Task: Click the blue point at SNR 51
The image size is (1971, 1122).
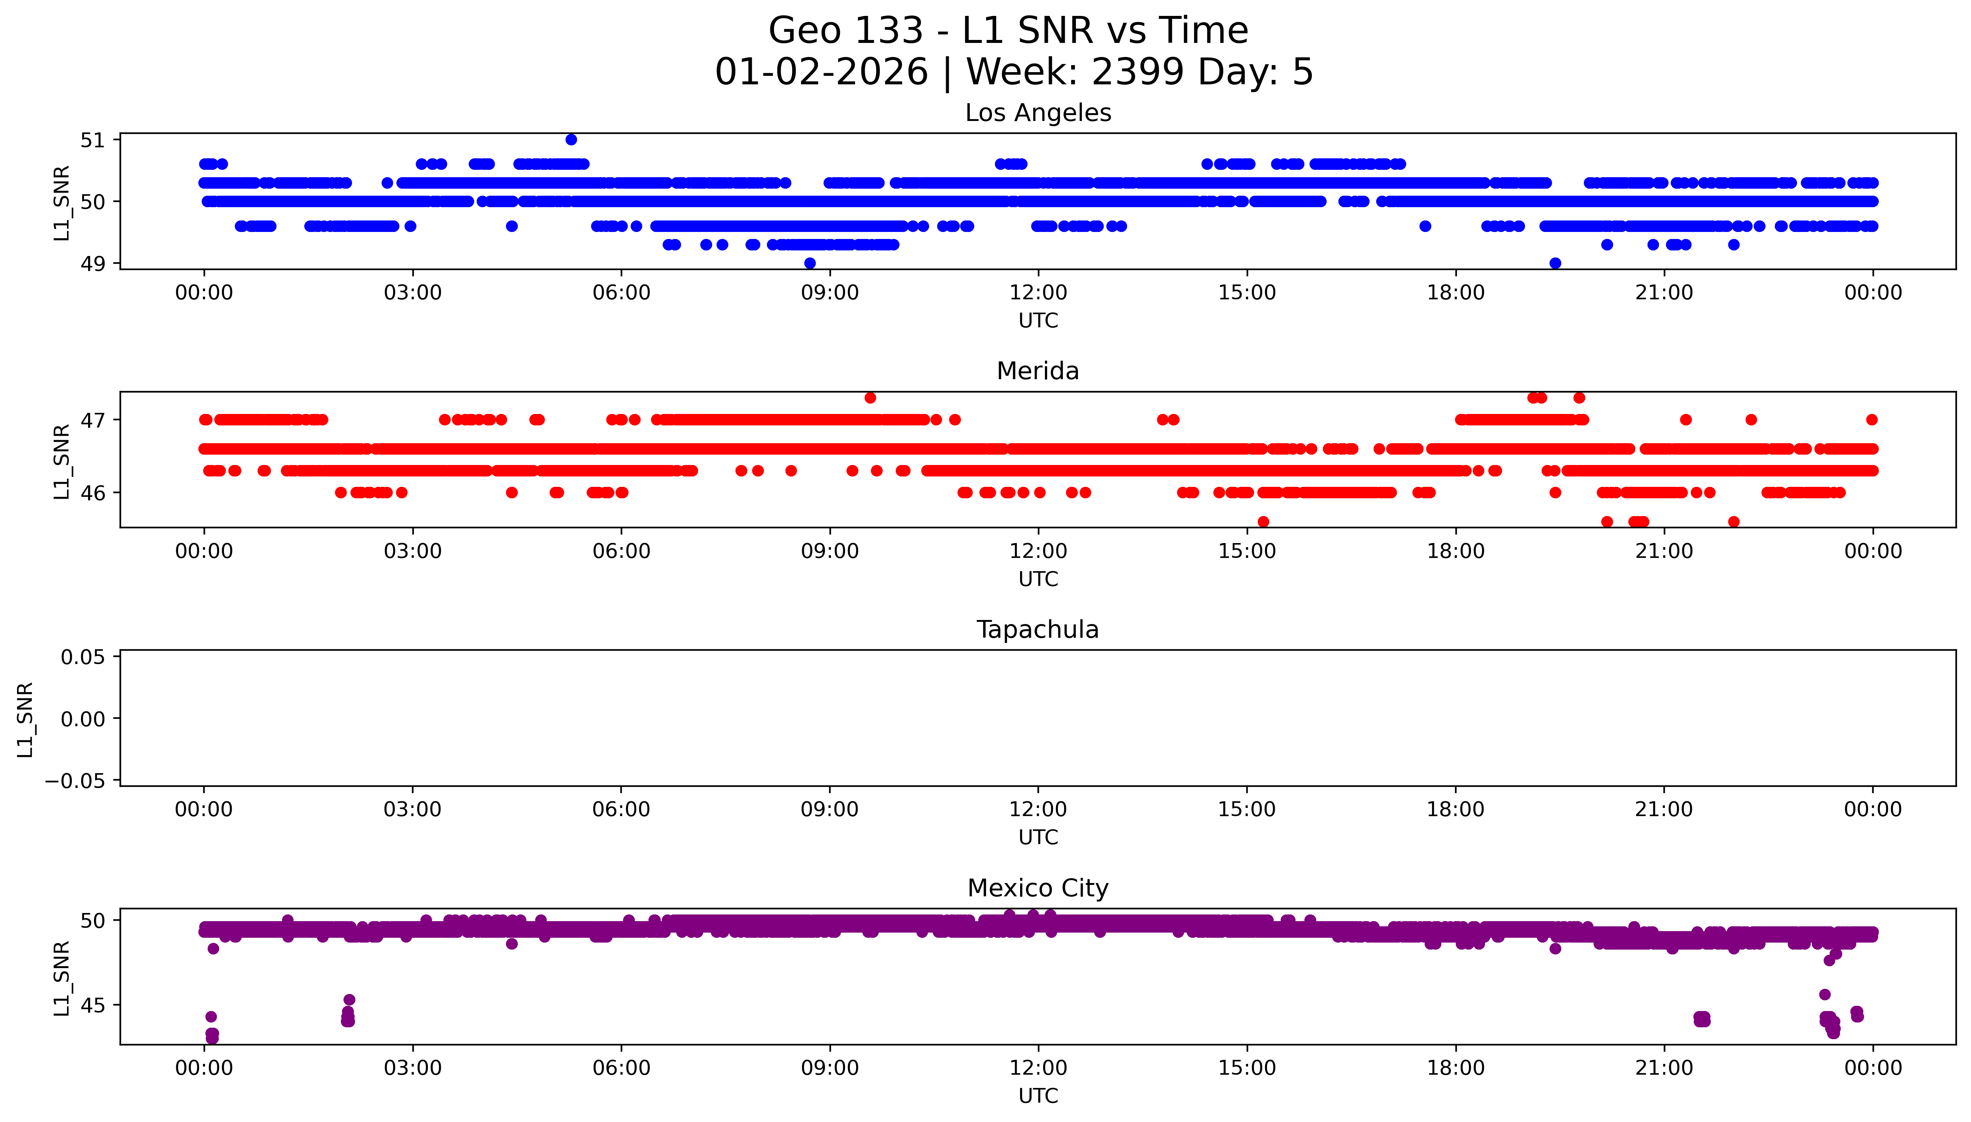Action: (571, 139)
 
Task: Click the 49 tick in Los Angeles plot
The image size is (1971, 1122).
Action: (93, 263)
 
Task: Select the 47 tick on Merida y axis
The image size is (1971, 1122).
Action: (93, 420)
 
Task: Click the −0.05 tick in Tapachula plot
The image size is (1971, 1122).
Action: (76, 781)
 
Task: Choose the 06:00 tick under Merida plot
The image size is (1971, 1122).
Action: (621, 551)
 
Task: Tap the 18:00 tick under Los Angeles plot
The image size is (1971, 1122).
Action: (1455, 293)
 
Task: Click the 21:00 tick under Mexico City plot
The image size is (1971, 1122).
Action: (1664, 1068)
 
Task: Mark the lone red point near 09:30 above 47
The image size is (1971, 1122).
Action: (870, 398)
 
